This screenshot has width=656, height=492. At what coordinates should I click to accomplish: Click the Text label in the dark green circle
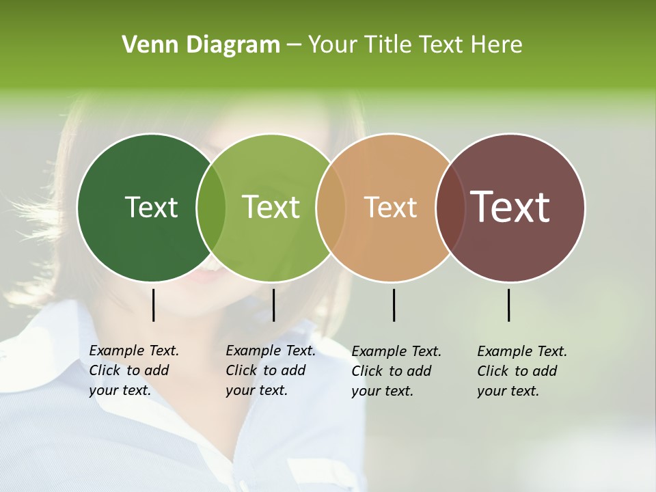[151, 207]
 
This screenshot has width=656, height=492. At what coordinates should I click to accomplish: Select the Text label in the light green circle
[271, 207]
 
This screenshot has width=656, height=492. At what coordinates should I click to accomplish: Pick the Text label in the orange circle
[390, 207]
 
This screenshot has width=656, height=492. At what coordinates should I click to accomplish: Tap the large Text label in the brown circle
[510, 207]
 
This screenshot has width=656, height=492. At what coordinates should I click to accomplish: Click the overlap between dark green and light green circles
[211, 208]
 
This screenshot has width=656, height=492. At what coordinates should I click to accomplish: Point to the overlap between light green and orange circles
[331, 208]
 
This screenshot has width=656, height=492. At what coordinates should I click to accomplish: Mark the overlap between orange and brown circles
[450, 208]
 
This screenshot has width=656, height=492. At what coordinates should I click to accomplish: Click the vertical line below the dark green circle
[153, 305]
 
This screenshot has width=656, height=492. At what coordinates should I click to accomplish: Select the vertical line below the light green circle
[273, 305]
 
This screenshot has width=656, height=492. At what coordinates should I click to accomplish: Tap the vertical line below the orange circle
[394, 305]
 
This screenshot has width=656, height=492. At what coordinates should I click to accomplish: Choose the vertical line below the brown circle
[508, 305]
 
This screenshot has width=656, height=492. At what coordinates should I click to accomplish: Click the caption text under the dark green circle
[133, 370]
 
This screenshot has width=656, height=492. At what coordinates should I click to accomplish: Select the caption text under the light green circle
[270, 370]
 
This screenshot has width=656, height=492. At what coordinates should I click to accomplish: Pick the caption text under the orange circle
[396, 371]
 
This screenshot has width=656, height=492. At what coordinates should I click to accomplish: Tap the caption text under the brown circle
[521, 371]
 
